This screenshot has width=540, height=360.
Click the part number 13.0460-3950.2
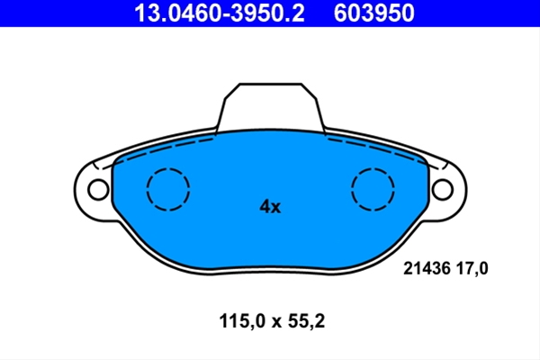click(x=220, y=13)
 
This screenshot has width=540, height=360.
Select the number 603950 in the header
click(x=374, y=13)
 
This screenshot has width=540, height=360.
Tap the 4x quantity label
click(x=270, y=207)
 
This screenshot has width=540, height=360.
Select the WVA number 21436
click(x=427, y=268)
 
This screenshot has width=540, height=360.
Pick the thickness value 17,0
click(x=472, y=268)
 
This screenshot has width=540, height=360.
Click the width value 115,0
click(x=242, y=321)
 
